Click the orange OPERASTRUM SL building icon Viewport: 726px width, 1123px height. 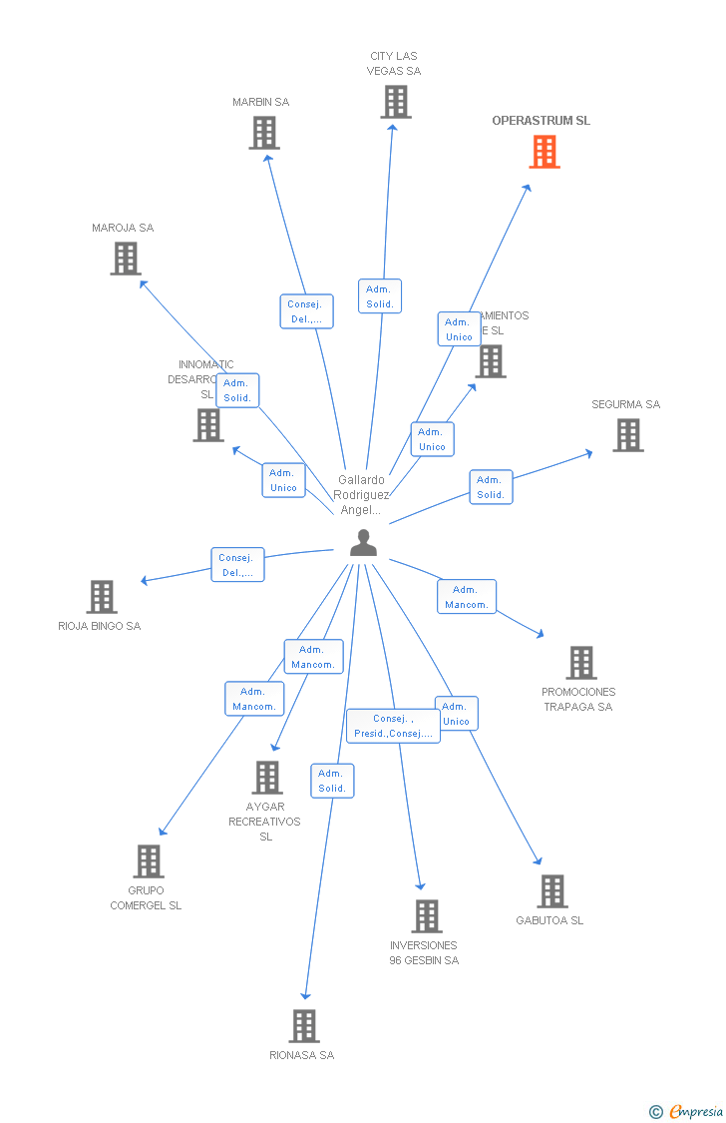point(544,152)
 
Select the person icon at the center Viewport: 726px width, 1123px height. point(364,543)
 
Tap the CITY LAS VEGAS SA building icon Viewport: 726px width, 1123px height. point(395,102)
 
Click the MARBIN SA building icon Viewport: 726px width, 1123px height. point(264,133)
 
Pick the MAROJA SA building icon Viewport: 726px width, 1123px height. point(126,259)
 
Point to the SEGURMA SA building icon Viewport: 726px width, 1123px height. point(627,435)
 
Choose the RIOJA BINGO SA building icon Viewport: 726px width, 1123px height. point(102,597)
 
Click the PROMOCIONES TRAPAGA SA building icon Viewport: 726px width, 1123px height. point(580,663)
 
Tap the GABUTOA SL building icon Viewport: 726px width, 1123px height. point(551,891)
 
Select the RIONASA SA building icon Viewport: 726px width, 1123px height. point(304,1026)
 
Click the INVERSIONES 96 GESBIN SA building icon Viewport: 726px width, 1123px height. point(426,916)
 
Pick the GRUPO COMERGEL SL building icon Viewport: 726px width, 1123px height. point(149,861)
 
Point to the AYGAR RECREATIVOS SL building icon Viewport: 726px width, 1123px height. point(266,778)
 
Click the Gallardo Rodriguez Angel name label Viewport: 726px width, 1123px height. point(361,495)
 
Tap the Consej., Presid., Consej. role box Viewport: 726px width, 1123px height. point(393,727)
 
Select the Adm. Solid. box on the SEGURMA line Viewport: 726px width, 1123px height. point(491,487)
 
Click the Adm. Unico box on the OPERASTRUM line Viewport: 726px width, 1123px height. point(459,329)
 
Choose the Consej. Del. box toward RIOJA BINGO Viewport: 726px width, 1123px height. point(237,565)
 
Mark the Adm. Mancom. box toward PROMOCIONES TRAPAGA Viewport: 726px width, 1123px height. point(466,597)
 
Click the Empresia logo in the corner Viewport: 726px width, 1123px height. point(688,1111)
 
